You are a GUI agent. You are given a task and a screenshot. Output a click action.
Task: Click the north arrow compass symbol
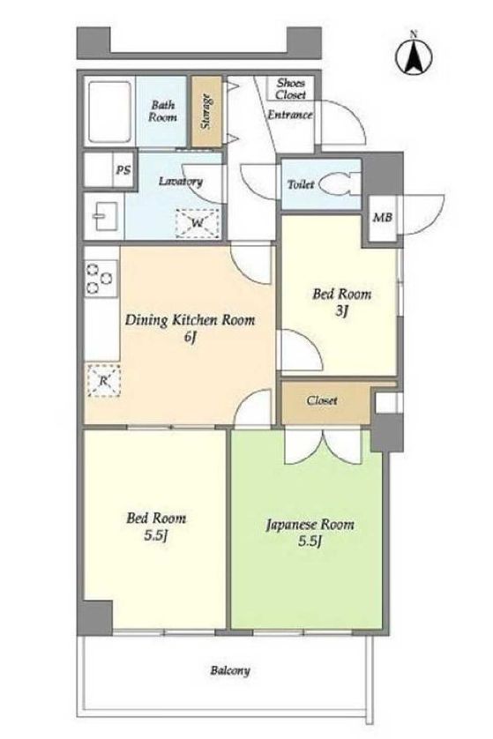[414, 55]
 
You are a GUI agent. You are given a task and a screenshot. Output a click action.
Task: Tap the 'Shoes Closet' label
[291, 88]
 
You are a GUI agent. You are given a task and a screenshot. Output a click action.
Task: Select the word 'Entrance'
[290, 115]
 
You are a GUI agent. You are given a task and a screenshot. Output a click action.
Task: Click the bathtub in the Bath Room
[109, 112]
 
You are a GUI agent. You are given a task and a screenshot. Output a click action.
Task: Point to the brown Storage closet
[206, 111]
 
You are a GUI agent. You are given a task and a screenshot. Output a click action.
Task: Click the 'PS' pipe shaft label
[123, 169]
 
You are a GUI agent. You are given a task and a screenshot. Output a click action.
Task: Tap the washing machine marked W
[197, 222]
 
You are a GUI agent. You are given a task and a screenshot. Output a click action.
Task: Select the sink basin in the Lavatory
[104, 216]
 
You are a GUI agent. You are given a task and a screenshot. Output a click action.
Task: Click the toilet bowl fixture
[339, 185]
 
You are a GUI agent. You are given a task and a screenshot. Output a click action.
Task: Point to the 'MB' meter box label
[382, 218]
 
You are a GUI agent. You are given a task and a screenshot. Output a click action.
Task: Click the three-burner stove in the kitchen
[101, 279]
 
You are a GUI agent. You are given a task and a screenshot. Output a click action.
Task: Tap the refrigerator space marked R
[103, 380]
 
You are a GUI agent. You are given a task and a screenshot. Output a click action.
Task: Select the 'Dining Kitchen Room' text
[190, 320]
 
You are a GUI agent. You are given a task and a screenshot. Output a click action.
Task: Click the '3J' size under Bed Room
[341, 311]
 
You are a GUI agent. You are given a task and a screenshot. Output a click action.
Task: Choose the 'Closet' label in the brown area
[321, 400]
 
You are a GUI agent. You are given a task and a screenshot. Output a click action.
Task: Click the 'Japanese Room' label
[310, 525]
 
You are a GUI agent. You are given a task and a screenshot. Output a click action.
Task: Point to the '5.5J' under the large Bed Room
[156, 536]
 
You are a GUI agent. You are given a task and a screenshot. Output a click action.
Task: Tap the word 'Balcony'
[230, 670]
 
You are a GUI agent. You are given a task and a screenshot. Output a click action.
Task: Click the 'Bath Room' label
[162, 111]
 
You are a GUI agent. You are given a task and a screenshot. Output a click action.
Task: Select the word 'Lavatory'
[181, 182]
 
